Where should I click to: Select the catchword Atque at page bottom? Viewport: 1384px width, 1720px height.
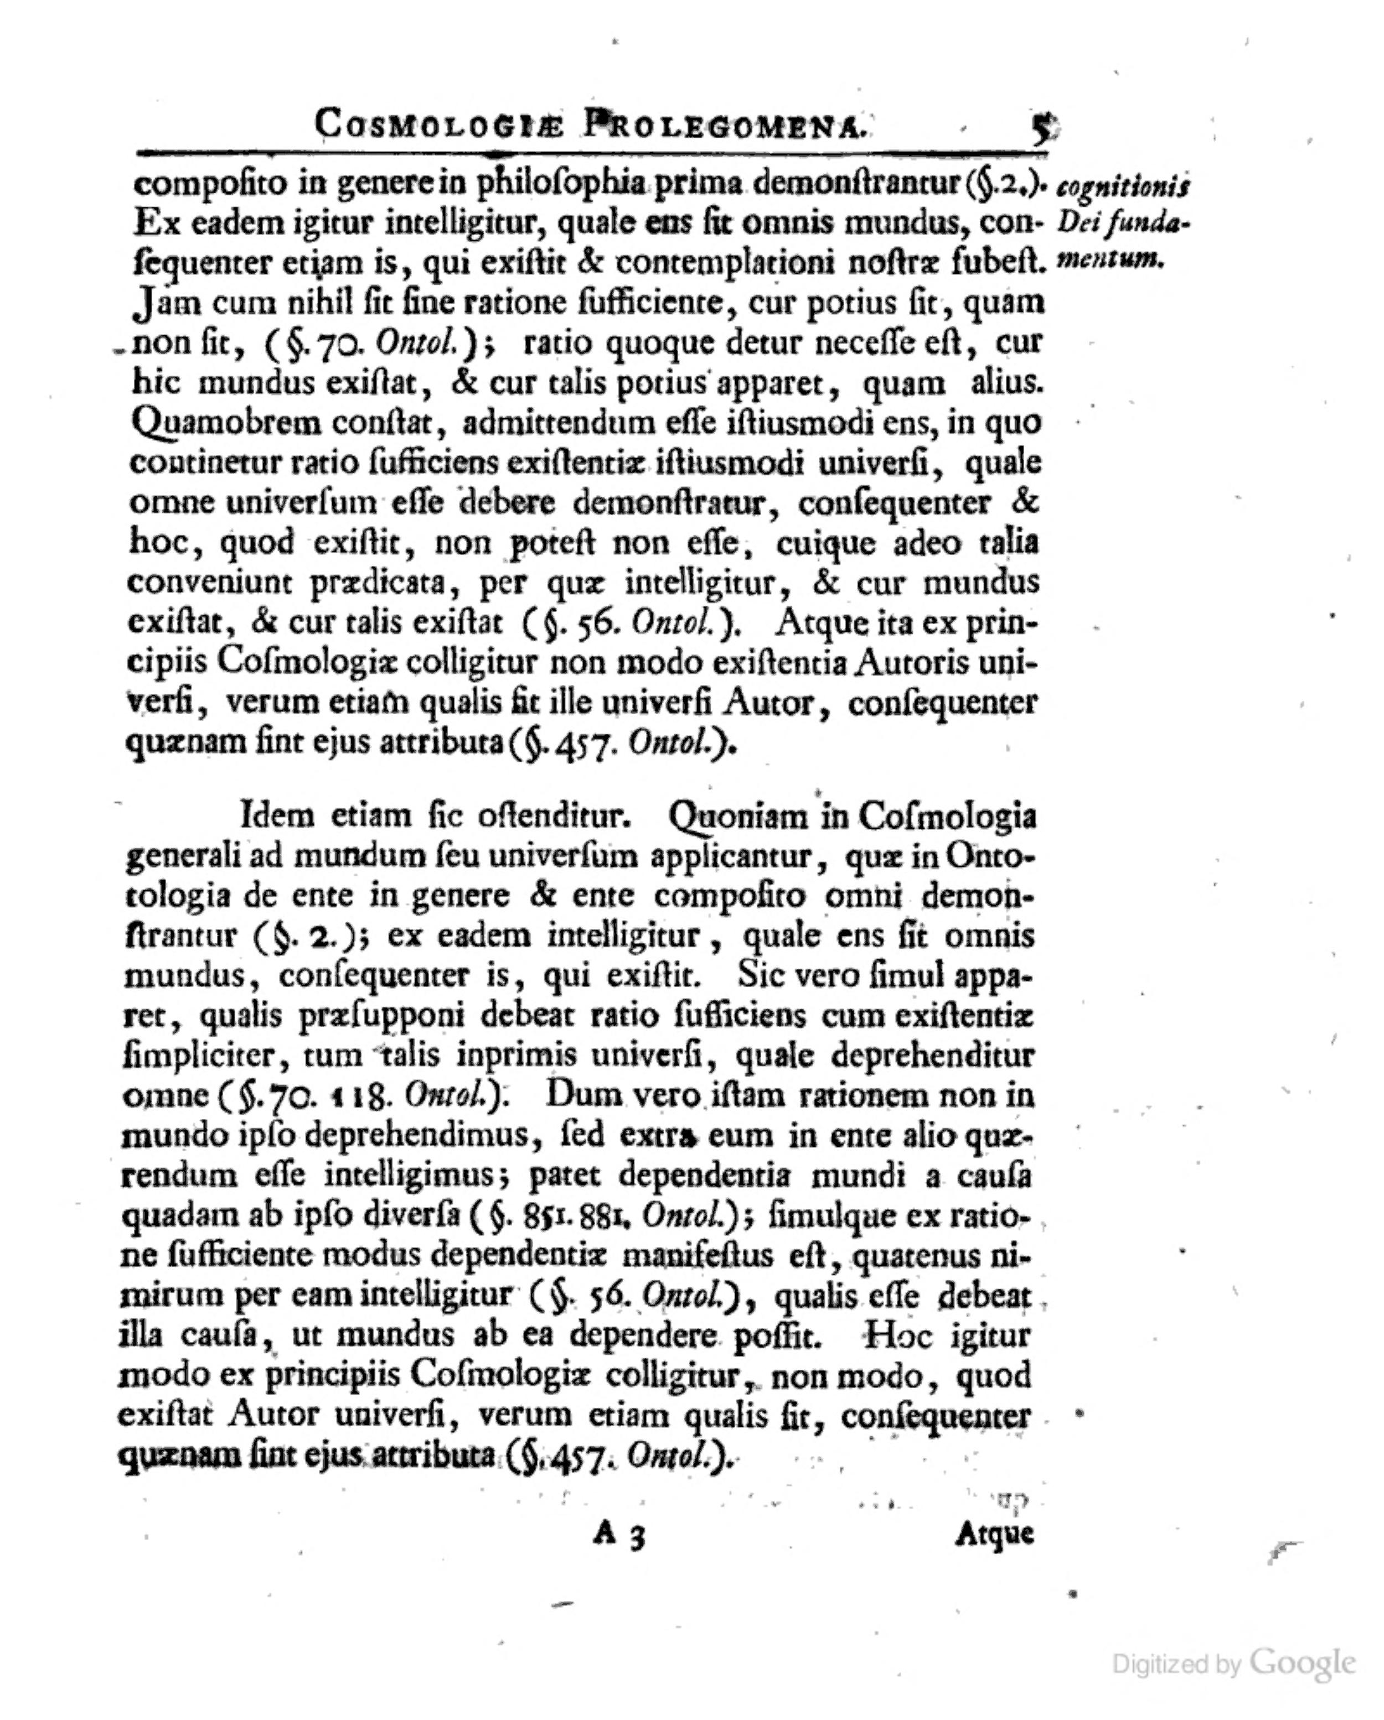(994, 1534)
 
